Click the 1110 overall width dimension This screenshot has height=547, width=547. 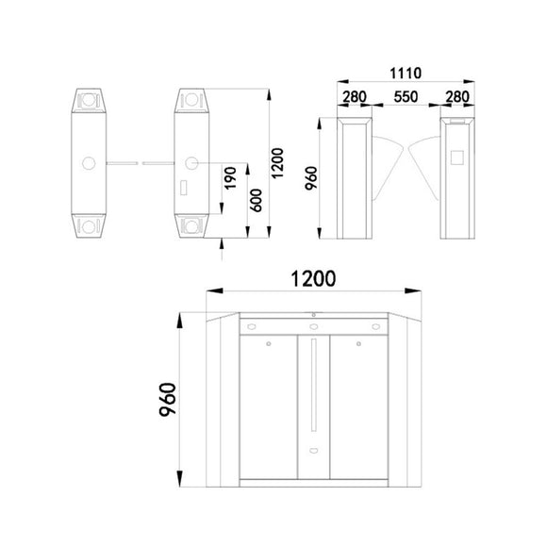point(405,73)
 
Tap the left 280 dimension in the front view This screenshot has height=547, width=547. point(354,97)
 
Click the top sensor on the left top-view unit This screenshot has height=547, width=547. point(90,98)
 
